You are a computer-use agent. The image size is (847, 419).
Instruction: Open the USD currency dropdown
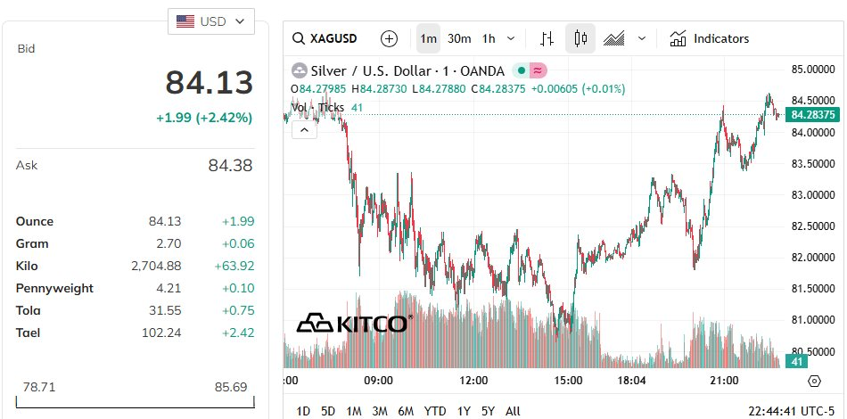[x=210, y=21]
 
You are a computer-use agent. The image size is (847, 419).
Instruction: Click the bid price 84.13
[x=209, y=83]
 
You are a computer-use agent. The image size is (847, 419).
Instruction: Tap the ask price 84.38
[x=230, y=165]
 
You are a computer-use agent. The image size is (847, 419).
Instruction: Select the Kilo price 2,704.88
[x=156, y=266]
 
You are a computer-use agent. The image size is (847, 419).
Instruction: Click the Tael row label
[x=29, y=333]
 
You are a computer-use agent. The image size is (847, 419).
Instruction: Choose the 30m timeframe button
[x=459, y=38]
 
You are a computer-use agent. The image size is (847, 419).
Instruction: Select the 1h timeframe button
[x=489, y=38]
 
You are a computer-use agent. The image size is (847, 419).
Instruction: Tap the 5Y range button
[x=488, y=411]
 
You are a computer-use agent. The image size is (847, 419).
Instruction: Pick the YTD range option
[x=435, y=411]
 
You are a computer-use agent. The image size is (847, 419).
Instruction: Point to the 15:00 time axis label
[x=568, y=381]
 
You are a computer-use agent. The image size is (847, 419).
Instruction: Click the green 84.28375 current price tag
[x=811, y=114]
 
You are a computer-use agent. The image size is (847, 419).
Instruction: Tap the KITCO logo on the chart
[x=354, y=323]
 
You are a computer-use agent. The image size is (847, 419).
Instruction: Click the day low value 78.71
[x=38, y=388]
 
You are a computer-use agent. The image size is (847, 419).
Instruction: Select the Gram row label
[x=32, y=243]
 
